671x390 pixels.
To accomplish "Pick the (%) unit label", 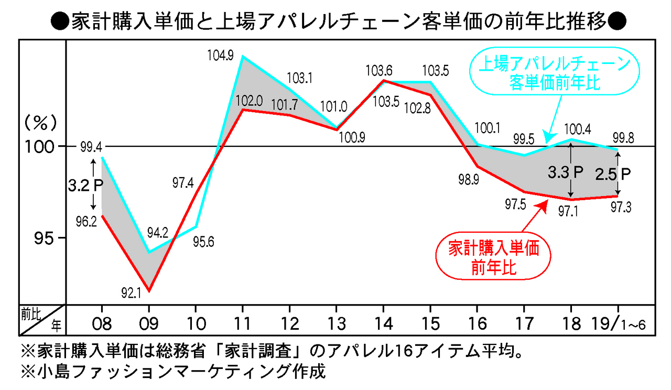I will point(40,124).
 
